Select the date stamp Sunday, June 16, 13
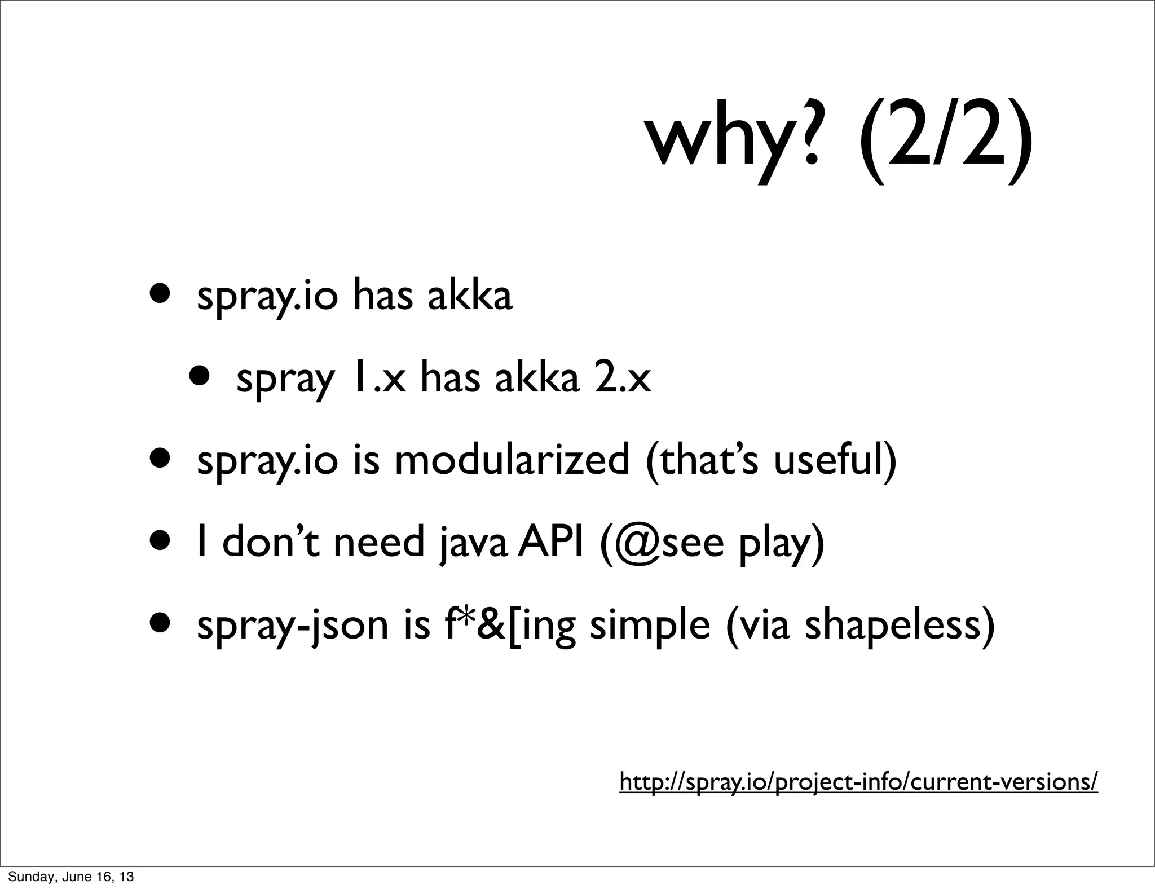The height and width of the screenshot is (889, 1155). [70, 876]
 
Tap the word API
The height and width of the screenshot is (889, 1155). [551, 543]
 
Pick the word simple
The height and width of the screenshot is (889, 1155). [650, 626]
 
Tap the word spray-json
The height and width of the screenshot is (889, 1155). [293, 626]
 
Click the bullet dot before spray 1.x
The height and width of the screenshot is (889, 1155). [201, 376]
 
